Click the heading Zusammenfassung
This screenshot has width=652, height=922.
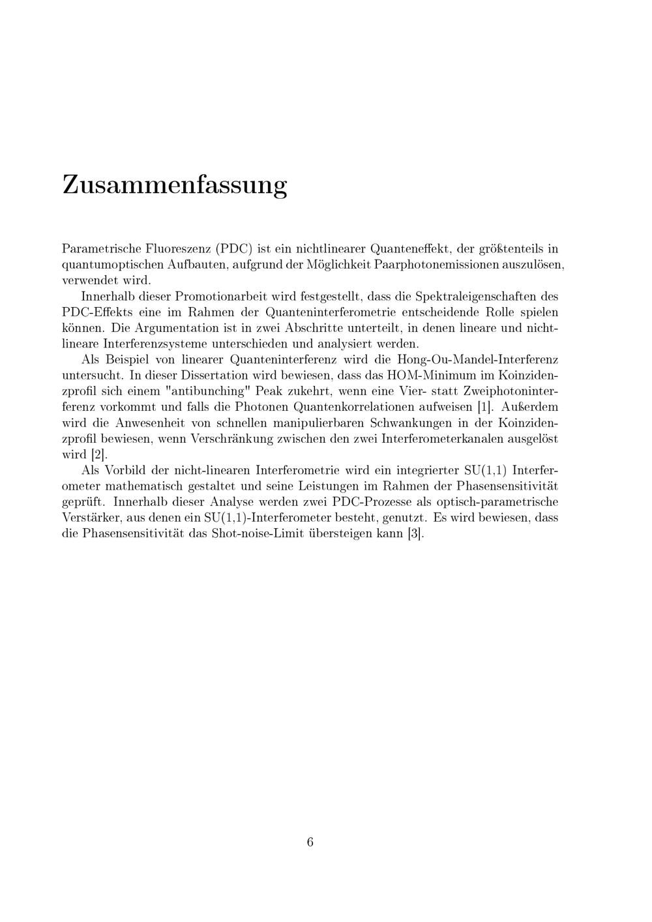coord(174,185)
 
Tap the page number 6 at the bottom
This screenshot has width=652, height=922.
coord(310,842)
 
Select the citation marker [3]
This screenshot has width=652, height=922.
coord(415,533)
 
